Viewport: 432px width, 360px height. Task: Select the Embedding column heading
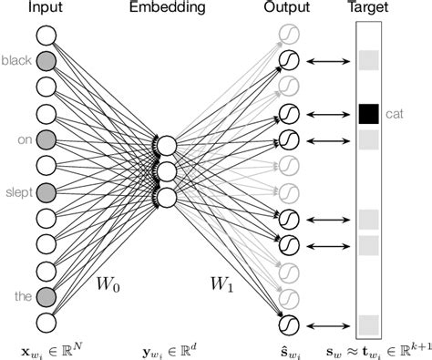click(x=167, y=9)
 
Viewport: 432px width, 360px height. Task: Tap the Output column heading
click(x=286, y=9)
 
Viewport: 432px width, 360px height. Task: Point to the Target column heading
click(x=369, y=9)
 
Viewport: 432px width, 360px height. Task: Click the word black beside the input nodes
click(x=15, y=61)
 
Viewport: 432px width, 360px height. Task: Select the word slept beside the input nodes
click(x=17, y=192)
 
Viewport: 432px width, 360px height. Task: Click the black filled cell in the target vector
click(x=368, y=114)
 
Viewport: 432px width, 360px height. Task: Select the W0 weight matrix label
click(x=108, y=283)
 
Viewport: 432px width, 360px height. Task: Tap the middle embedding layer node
click(x=167, y=171)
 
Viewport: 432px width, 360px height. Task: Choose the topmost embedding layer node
click(x=167, y=146)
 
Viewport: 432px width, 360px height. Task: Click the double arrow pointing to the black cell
click(x=328, y=115)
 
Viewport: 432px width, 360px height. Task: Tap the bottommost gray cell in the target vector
click(x=368, y=324)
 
